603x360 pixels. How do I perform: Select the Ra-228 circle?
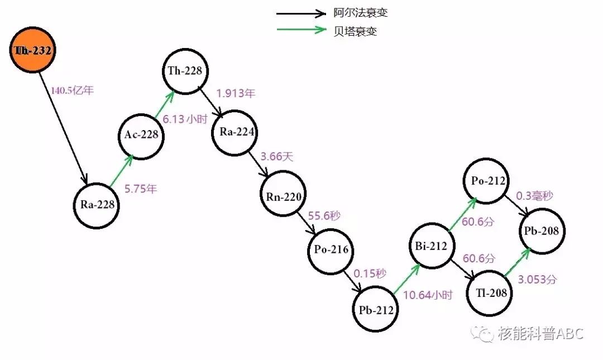point(97,204)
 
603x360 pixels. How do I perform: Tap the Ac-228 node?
point(141,135)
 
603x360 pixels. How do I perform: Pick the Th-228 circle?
point(185,71)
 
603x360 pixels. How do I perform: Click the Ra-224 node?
point(234,133)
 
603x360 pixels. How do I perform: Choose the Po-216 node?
point(331,249)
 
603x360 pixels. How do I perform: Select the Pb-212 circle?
point(376,310)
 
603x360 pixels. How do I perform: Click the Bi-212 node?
point(431,246)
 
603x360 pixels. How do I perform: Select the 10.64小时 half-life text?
point(428,295)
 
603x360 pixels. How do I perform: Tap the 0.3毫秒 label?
point(534,196)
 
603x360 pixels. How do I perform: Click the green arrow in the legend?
point(301,30)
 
